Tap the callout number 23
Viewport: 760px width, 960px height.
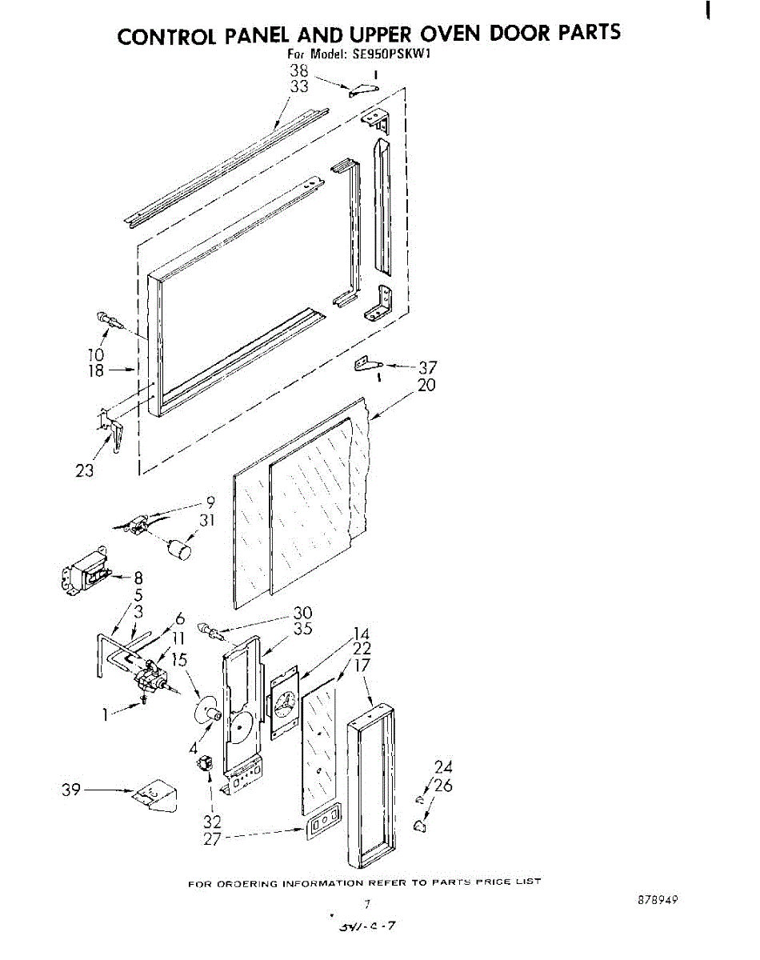[84, 470]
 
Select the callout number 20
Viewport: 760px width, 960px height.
[426, 385]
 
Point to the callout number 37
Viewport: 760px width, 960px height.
[428, 368]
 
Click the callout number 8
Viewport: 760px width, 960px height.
[138, 578]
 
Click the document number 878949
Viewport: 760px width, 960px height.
[658, 899]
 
